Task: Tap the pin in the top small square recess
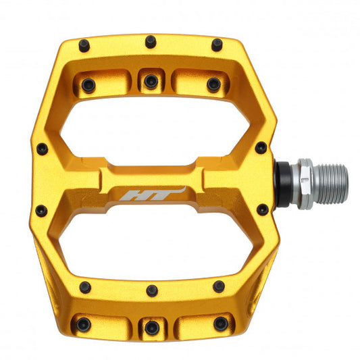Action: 151,80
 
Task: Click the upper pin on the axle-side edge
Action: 261,147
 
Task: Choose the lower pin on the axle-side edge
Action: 262,209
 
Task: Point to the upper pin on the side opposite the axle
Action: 42,148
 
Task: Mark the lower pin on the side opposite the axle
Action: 41,211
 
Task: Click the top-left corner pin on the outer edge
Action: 84,45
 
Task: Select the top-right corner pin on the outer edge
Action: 217,45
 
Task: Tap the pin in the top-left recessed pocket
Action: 88,84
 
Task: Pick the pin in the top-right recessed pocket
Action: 213,84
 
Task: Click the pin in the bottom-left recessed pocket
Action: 83,325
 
